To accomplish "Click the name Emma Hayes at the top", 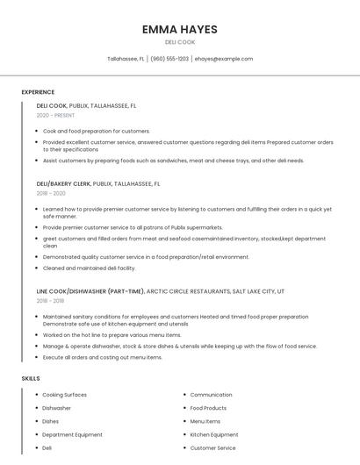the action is [179, 30].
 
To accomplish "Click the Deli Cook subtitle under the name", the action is [179, 42].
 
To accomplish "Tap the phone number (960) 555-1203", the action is [169, 59].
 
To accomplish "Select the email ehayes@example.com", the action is [224, 59].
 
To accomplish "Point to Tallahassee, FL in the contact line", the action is [126, 59].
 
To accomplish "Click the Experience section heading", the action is [38, 92].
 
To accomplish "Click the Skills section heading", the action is [31, 378].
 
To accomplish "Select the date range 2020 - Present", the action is [55, 115].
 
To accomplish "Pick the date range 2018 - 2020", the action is [51, 193].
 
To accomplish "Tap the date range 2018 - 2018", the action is [51, 300].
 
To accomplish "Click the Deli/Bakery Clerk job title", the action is [63, 184].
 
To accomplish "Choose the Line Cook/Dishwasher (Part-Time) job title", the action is [90, 290].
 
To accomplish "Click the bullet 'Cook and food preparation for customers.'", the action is [97, 131].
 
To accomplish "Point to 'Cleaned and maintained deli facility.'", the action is [90, 268].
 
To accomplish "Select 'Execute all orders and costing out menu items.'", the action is [103, 357].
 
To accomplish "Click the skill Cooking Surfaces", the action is [64, 395].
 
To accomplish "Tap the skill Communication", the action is [211, 395].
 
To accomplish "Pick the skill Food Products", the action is [208, 408].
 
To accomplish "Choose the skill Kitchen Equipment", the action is [214, 434].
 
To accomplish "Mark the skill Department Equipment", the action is [72, 434].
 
